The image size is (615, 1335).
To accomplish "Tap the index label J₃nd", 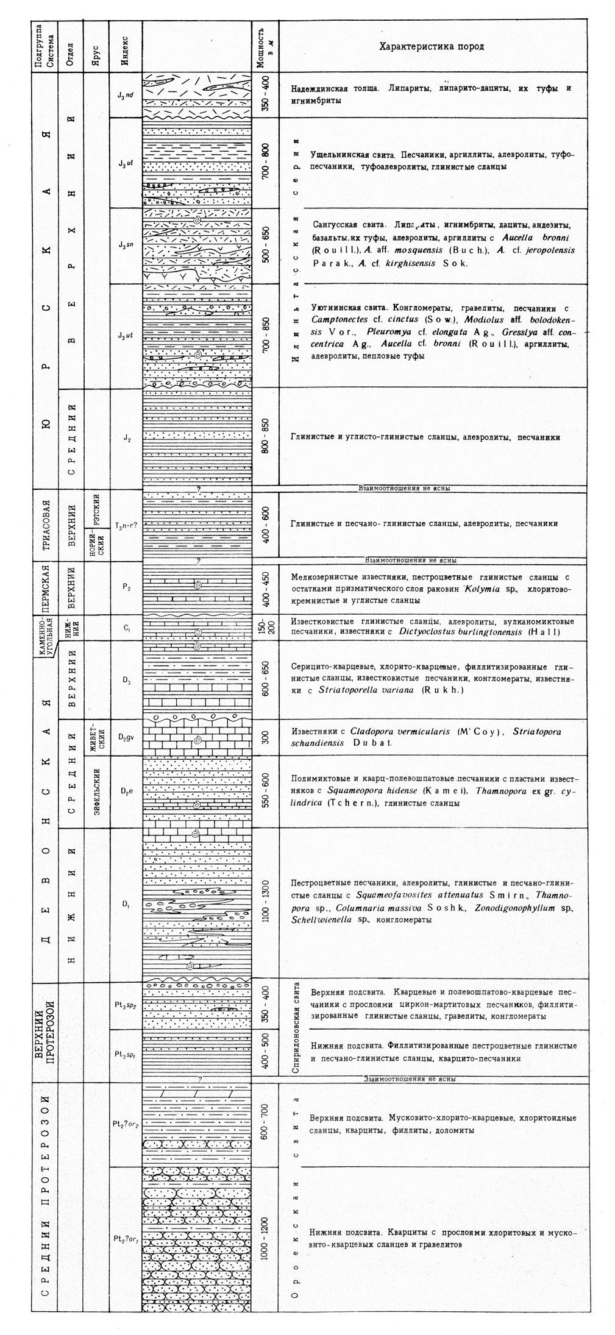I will tap(126, 95).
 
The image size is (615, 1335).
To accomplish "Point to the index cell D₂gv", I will tap(126, 738).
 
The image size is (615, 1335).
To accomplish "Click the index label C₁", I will tap(126, 627).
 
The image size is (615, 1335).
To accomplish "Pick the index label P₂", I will tap(126, 588).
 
